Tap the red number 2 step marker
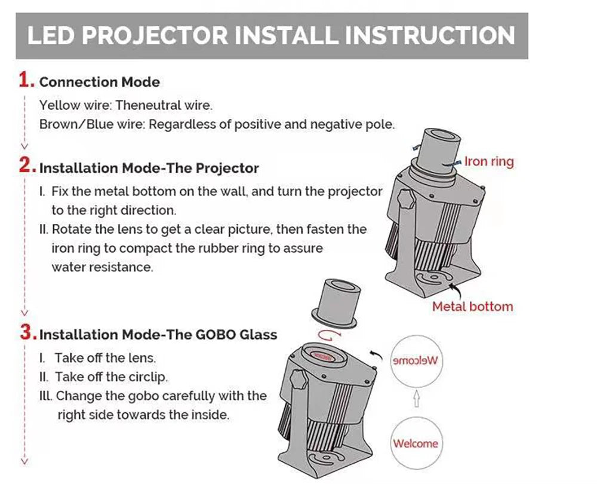(26, 166)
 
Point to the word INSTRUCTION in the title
(430, 36)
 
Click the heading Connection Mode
(99, 82)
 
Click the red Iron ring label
(489, 161)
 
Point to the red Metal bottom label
(472, 307)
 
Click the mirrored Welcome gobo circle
(415, 360)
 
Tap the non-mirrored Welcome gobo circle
(415, 443)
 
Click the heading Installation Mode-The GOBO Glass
(158, 334)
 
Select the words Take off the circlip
(112, 377)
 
